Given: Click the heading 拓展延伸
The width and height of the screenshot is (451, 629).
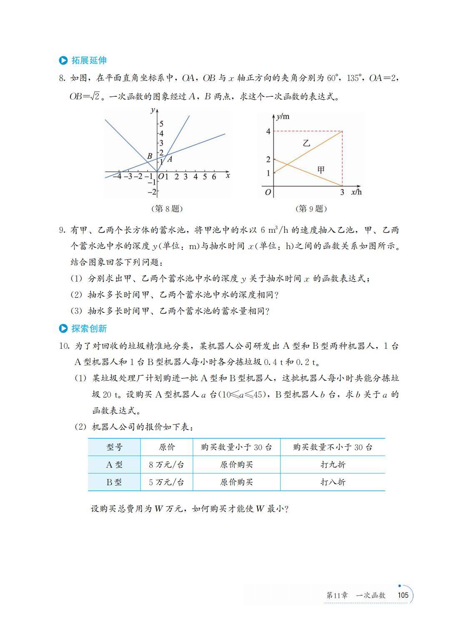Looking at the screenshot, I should [x=89, y=60].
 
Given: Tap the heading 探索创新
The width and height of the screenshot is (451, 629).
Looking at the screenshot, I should [x=89, y=329].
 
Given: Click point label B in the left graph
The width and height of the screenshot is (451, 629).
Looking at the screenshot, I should [x=149, y=156].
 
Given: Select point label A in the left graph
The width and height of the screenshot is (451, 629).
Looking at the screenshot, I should [x=170, y=159].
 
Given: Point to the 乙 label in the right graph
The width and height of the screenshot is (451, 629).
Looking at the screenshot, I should [x=306, y=143].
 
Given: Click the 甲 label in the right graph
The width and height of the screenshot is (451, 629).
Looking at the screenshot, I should [x=321, y=170].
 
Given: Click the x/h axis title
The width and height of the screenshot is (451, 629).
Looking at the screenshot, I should [x=356, y=192].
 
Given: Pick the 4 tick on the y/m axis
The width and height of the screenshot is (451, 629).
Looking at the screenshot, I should [x=268, y=132].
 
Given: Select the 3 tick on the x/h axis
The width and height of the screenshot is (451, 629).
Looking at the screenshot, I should [x=342, y=193].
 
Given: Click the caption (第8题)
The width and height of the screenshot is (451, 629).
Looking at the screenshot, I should [x=167, y=209].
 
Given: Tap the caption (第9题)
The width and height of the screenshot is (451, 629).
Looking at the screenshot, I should [x=311, y=209].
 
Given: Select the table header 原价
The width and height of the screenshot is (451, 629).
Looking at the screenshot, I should [x=167, y=448].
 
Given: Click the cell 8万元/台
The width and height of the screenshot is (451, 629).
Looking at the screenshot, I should [x=167, y=465].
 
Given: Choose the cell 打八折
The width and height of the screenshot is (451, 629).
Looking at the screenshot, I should [x=333, y=482].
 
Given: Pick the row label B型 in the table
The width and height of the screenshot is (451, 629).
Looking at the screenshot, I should [x=114, y=482].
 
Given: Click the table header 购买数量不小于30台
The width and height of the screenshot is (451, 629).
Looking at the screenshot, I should [x=333, y=448].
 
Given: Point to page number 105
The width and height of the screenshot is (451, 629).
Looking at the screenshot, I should [x=403, y=595].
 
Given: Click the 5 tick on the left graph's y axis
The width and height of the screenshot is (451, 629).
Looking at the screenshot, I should [x=161, y=123].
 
